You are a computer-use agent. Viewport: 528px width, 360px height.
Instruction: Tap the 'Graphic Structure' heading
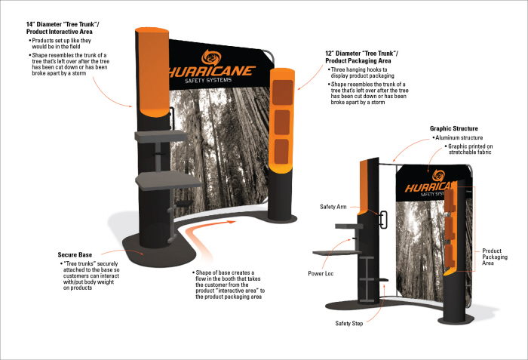coord(453,128)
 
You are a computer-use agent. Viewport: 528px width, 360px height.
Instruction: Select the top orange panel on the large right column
coord(282,91)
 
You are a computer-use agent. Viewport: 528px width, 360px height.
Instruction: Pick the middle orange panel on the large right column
coord(282,121)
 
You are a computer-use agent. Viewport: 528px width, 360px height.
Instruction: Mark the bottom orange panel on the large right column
coord(282,149)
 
